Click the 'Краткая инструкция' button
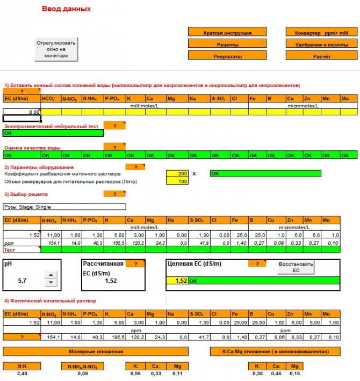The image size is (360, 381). (227, 33)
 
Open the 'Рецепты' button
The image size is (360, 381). (227, 45)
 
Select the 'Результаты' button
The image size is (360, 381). (227, 56)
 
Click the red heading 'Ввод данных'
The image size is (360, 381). (66, 9)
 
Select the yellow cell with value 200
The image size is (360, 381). (177, 174)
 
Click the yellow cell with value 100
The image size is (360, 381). (177, 181)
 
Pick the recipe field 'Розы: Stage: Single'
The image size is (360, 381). (64, 207)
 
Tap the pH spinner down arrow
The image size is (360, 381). (50, 282)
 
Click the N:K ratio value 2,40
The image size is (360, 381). (22, 373)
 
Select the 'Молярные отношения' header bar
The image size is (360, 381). (96, 351)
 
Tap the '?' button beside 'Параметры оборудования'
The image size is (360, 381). (135, 167)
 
